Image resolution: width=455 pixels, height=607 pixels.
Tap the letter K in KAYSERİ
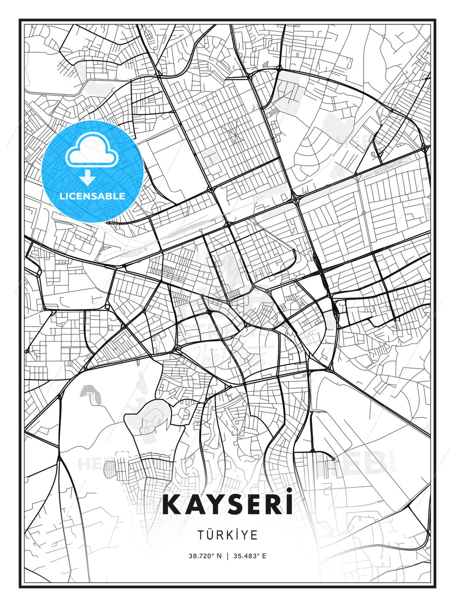(172, 505)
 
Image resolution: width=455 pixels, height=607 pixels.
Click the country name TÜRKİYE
(227, 535)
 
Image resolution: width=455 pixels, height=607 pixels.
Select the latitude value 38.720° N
(205, 556)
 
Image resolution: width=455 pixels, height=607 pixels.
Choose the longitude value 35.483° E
(250, 556)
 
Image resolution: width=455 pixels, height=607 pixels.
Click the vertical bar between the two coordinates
(227, 556)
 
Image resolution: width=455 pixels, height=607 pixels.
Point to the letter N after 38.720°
(219, 556)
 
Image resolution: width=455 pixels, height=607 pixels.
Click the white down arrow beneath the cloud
(88, 178)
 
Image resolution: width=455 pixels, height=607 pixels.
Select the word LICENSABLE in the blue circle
(92, 196)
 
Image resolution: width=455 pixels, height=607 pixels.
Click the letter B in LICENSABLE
(111, 196)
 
